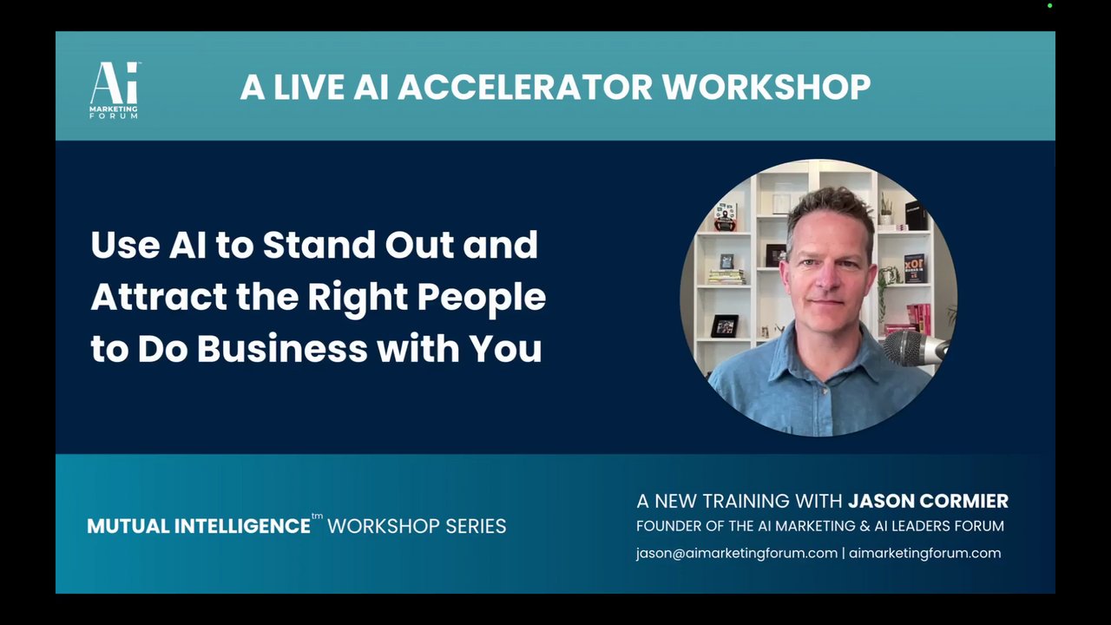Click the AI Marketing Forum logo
point(114,89)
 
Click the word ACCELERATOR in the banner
point(525,87)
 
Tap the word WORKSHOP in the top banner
point(766,87)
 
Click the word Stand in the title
point(319,245)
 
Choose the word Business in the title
point(283,349)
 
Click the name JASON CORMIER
point(928,501)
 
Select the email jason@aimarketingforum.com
point(737,553)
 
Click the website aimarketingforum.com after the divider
point(924,553)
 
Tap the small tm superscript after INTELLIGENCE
point(317,516)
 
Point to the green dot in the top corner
point(1050,6)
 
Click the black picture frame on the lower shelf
point(725,326)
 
